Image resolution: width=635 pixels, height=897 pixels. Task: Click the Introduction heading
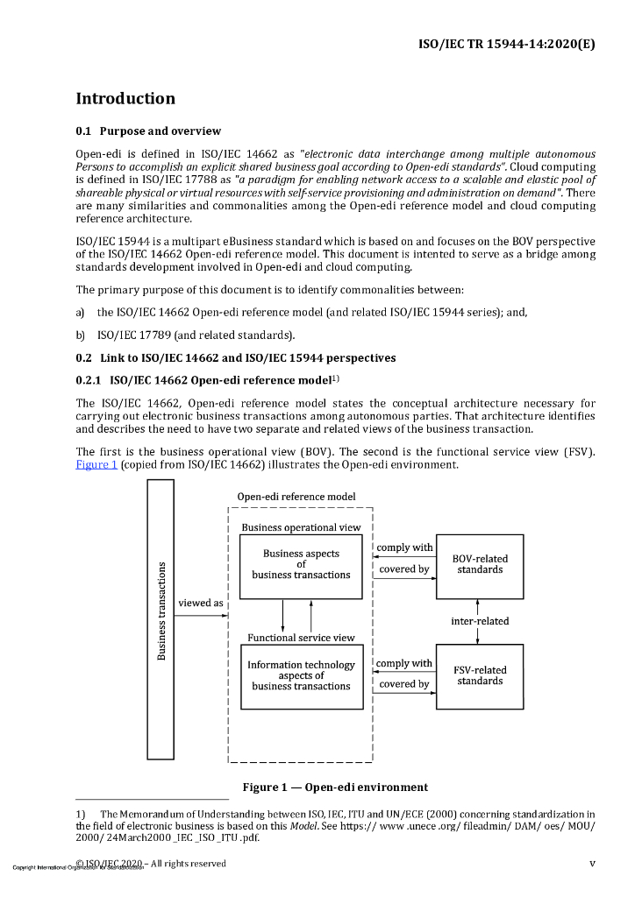coord(125,98)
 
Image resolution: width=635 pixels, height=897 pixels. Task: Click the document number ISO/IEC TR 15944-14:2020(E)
coord(508,43)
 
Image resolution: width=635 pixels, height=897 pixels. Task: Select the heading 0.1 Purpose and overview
coord(148,131)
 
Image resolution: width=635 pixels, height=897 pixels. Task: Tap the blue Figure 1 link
coord(96,464)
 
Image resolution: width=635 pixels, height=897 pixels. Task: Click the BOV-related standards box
coord(480,565)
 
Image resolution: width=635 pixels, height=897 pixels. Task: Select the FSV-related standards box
coord(480,675)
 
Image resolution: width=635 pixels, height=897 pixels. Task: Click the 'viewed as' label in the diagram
coord(201,603)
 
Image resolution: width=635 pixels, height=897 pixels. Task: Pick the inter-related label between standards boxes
coord(480,621)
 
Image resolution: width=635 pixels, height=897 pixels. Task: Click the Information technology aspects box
coord(301,675)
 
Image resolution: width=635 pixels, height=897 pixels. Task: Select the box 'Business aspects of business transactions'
coord(301,564)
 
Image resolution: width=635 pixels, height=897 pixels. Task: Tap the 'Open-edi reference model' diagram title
coord(296,497)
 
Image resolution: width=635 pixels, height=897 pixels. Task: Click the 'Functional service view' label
coord(301,638)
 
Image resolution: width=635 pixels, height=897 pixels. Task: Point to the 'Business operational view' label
coord(301,527)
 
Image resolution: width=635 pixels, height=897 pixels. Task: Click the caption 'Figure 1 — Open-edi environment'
coord(335,787)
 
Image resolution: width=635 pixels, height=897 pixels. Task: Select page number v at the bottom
coord(592,863)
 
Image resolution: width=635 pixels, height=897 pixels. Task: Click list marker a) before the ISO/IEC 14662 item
coord(81,312)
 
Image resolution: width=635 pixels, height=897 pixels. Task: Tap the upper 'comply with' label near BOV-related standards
coord(404,547)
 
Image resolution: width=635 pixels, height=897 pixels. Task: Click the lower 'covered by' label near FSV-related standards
coord(404,684)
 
